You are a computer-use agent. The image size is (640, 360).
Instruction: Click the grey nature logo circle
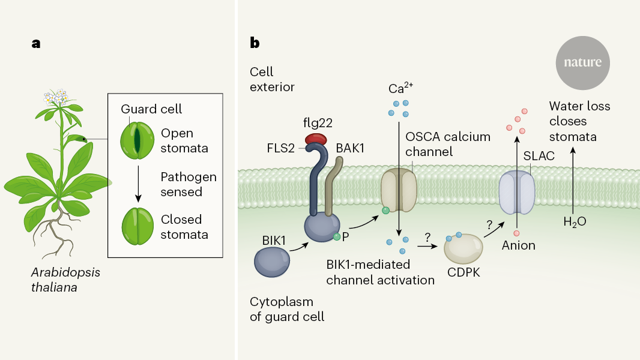coord(582,62)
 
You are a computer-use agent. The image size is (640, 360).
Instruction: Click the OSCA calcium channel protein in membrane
coord(399,190)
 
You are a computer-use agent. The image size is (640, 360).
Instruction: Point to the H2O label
coord(575,221)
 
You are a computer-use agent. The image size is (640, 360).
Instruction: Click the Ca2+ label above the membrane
coord(399,89)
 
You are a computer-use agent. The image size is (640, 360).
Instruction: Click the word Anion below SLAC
coord(518,245)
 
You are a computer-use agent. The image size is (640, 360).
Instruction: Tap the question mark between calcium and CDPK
coord(427,238)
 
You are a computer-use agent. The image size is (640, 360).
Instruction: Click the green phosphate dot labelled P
coord(337,237)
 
